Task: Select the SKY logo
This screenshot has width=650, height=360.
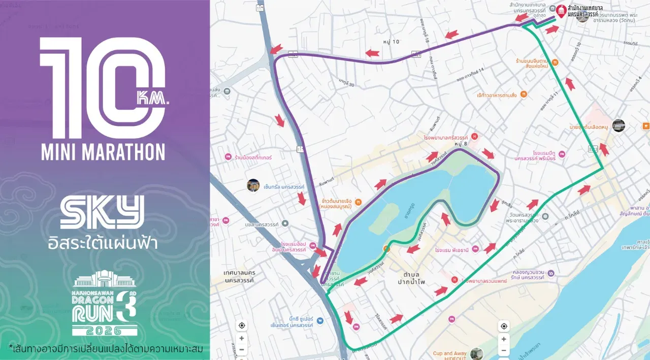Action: point(102,212)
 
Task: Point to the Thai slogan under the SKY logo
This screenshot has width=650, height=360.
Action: point(102,243)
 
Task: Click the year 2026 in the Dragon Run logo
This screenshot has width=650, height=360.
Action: point(104,331)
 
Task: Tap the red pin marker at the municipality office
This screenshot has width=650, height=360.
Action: point(561,11)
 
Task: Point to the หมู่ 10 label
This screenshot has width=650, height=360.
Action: point(392,42)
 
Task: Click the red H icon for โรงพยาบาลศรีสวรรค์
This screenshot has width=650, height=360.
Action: point(474,136)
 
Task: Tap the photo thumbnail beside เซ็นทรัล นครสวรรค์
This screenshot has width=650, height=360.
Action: point(253,185)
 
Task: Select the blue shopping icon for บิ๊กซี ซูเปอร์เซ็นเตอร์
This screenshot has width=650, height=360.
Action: point(319,321)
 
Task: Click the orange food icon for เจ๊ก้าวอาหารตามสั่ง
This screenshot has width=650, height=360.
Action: point(524,94)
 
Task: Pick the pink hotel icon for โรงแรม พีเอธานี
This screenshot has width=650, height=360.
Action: point(475,249)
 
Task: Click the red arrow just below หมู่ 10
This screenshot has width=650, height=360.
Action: point(372,53)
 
